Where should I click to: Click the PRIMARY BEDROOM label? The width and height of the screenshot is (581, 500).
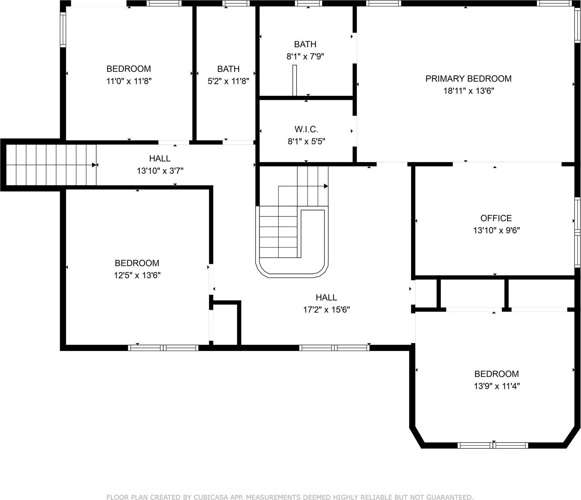(x=468, y=78)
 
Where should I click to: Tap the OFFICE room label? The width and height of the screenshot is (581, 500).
(x=496, y=218)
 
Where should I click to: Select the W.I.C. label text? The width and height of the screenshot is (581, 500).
(x=306, y=129)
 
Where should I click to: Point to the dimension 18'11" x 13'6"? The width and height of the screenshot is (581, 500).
(x=468, y=91)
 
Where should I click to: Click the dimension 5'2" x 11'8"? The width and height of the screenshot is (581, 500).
(x=228, y=81)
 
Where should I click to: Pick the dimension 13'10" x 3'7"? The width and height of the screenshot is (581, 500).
(x=160, y=171)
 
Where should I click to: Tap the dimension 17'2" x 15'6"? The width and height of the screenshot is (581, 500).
(x=326, y=310)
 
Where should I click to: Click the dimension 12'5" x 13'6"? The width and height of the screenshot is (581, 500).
(x=137, y=275)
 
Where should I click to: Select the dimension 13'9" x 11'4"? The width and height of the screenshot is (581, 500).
(x=496, y=386)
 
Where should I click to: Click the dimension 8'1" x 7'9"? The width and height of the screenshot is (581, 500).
(x=305, y=56)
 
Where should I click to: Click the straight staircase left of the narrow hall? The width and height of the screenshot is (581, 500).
(x=51, y=165)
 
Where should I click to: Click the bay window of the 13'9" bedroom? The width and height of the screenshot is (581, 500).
(x=493, y=445)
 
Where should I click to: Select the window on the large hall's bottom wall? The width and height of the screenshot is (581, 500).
(x=334, y=348)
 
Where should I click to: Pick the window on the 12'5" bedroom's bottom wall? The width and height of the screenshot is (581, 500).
(x=163, y=348)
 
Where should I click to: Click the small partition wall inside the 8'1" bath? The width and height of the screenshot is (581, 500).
(x=294, y=80)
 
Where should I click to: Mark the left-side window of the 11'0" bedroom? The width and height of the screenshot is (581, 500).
(x=63, y=30)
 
